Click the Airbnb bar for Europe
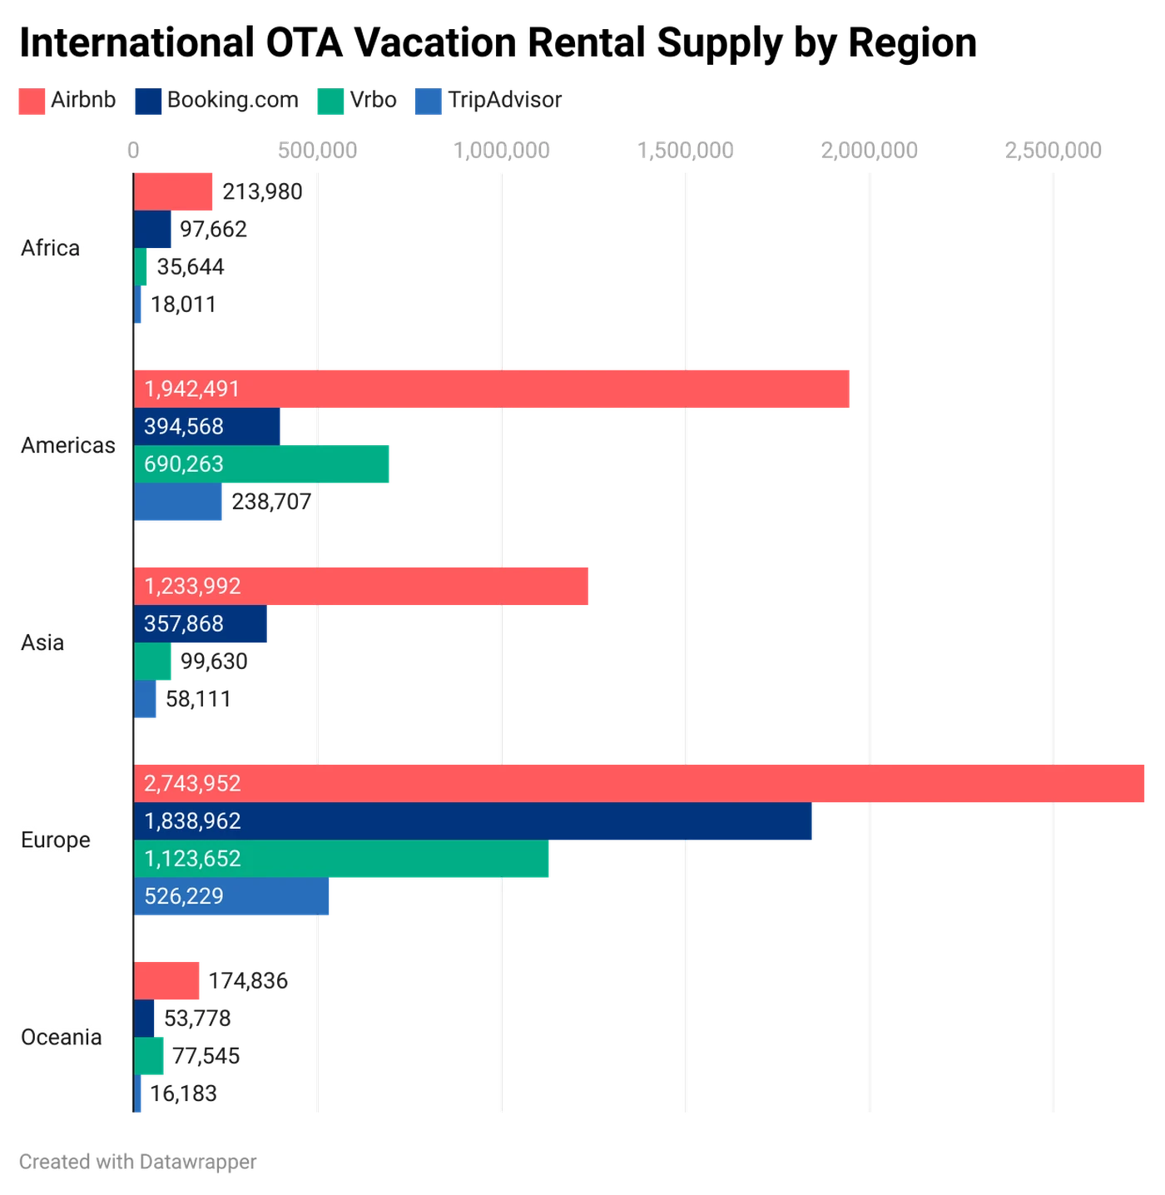tap(641, 783)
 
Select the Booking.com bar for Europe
tap(474, 821)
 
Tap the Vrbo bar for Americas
tap(263, 464)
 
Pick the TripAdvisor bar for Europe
tap(233, 896)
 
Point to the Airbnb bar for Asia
tap(362, 586)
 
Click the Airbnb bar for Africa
tap(174, 191)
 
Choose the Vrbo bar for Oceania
tap(150, 1055)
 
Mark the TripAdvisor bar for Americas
tap(180, 502)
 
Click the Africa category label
tap(50, 248)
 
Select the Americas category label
tap(67, 445)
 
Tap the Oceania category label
tap(61, 1037)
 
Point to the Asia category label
tap(42, 642)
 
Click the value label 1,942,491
tap(192, 389)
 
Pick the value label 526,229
tap(184, 896)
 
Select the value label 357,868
tap(184, 624)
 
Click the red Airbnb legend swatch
tap(32, 101)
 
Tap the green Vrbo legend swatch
tap(330, 101)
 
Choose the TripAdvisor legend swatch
tap(430, 101)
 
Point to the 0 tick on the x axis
tap(133, 149)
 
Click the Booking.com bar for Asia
tap(203, 624)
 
